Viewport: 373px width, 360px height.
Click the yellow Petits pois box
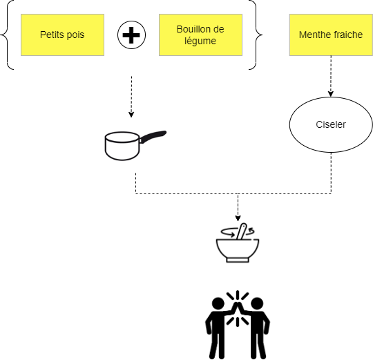click(62, 35)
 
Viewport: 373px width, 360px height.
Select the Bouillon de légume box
click(200, 35)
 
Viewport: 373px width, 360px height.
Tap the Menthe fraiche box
click(331, 35)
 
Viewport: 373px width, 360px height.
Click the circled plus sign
click(131, 35)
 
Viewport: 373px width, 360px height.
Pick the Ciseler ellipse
click(331, 124)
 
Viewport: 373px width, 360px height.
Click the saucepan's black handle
click(153, 136)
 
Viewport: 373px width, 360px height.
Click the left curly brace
click(7, 35)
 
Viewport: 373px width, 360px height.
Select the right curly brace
click(256, 35)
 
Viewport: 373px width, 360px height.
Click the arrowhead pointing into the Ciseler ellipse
click(331, 94)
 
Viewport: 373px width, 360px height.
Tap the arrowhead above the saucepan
click(131, 115)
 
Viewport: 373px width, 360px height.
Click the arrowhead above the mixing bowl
click(238, 218)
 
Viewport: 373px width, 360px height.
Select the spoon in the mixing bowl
click(241, 231)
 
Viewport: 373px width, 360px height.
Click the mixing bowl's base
click(238, 260)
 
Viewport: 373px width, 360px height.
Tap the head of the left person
click(218, 303)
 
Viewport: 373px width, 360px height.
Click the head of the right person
click(257, 303)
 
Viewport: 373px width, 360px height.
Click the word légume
click(200, 41)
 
